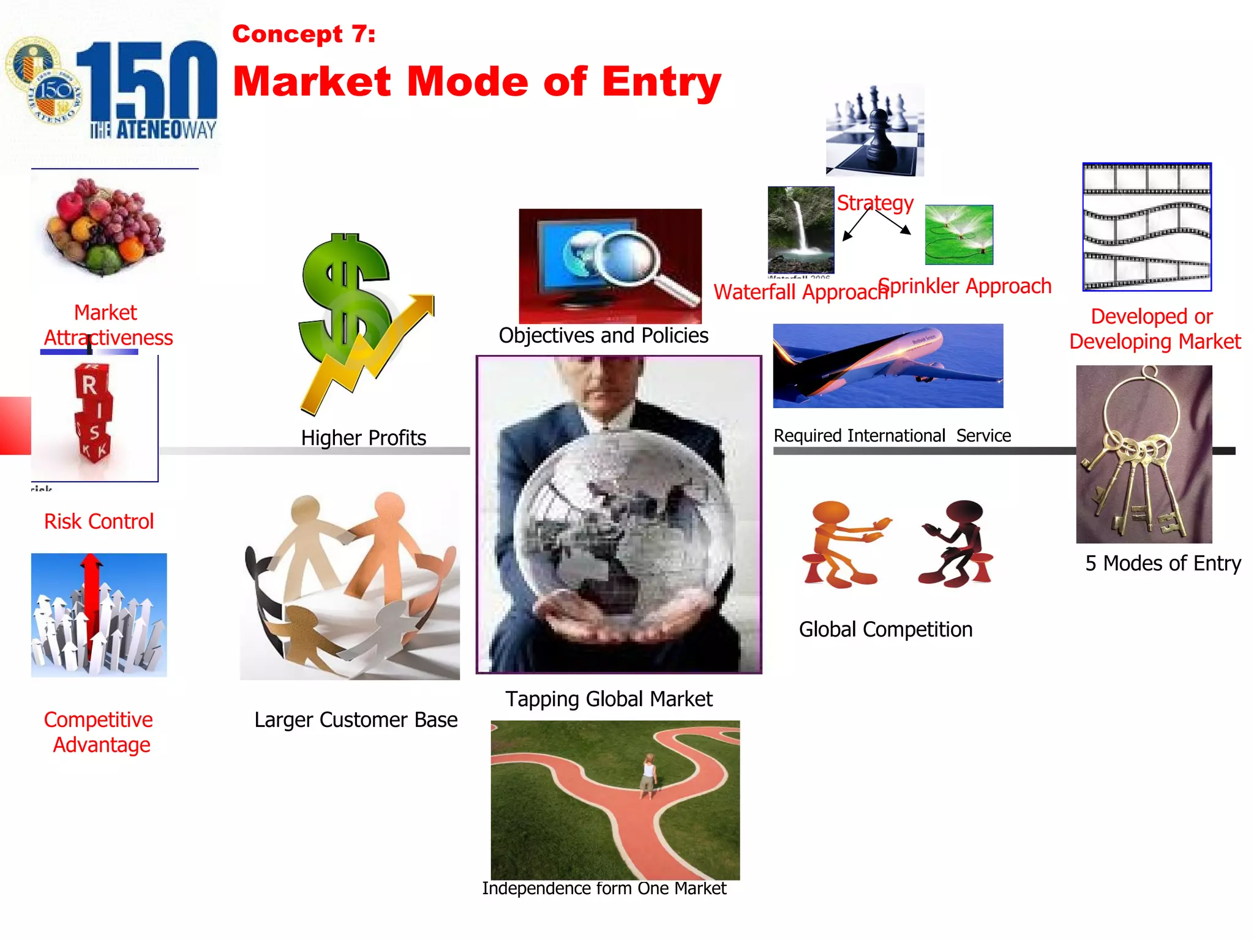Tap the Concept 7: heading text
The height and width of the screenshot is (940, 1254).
pyautogui.click(x=304, y=34)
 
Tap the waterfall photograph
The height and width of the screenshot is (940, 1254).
pyautogui.click(x=800, y=229)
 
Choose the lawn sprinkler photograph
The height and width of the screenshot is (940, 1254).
pyautogui.click(x=959, y=234)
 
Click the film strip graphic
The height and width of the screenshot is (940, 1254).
pyautogui.click(x=1147, y=226)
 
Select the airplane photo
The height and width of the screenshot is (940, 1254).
pyautogui.click(x=888, y=365)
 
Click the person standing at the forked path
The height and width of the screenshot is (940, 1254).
pyautogui.click(x=648, y=776)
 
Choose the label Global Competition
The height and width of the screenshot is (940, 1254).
pyautogui.click(x=885, y=629)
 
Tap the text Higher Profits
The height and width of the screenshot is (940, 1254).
pyautogui.click(x=363, y=438)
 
